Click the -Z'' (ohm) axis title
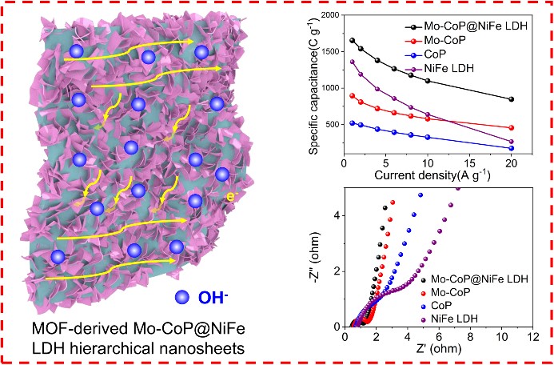[x=322, y=258]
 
